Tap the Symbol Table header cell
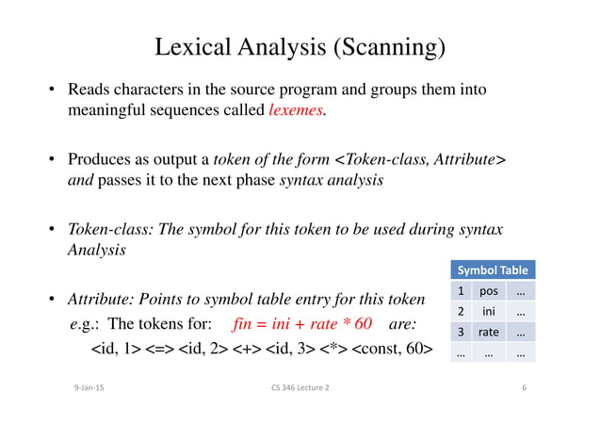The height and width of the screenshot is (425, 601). click(493, 270)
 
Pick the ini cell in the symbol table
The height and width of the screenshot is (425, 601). click(488, 311)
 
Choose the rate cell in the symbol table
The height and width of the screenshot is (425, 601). click(488, 332)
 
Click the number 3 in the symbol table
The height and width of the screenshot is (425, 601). click(460, 332)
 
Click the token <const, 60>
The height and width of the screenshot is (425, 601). click(393, 351)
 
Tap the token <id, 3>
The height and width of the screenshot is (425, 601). click(282, 351)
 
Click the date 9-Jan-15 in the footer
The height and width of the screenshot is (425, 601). click(89, 387)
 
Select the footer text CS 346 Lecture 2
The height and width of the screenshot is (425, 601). click(300, 387)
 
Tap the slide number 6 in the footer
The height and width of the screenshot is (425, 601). click(524, 387)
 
